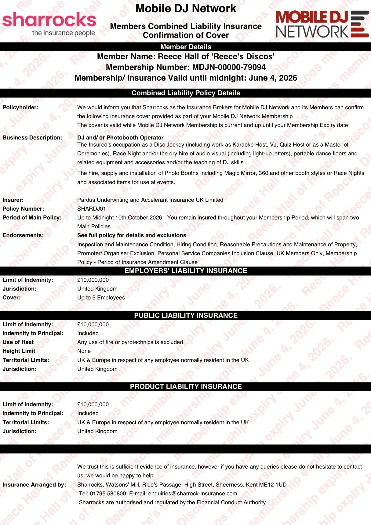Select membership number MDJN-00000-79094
[229, 67]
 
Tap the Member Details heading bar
[186, 47]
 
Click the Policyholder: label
[20, 107]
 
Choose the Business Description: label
[32, 138]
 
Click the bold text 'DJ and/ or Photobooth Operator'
[120, 138]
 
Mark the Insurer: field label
[13, 200]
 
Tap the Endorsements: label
[23, 235]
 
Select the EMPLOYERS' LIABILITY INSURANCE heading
[186, 271]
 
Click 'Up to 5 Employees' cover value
[101, 298]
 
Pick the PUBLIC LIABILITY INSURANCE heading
[186, 315]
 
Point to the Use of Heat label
[18, 342]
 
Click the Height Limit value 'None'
[84, 351]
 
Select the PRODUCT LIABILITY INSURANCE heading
[186, 386]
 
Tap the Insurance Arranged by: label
[34, 485]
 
